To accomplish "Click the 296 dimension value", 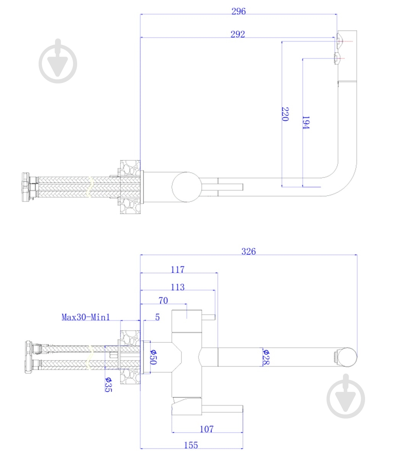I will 238,11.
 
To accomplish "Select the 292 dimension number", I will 238,34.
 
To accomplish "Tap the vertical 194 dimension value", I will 305,122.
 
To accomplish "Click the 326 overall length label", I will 248,251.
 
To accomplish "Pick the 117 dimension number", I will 178,270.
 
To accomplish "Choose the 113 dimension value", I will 178,287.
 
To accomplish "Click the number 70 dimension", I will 163,300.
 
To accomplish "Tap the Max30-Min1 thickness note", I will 86,317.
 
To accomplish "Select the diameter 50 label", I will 152,357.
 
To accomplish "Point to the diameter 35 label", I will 108,385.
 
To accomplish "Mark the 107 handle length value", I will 207,429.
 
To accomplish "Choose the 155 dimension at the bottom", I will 191,445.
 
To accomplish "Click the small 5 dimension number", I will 157,317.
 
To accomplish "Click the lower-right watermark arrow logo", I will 346,396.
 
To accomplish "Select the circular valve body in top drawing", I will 186,186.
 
